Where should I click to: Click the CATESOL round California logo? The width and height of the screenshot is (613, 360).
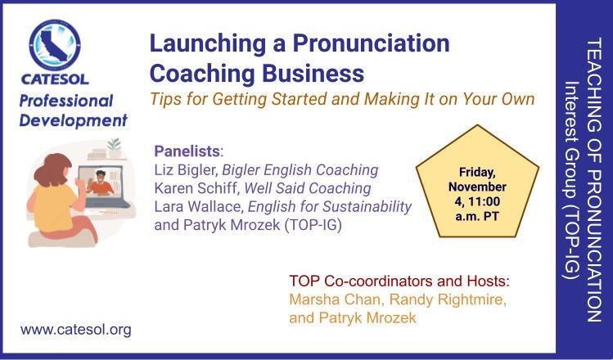point(55,45)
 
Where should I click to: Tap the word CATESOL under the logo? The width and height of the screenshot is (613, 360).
point(55,79)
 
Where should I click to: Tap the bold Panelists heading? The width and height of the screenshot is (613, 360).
point(187,151)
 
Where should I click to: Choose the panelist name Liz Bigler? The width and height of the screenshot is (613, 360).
point(187,171)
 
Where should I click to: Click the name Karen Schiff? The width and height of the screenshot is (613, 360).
point(196,188)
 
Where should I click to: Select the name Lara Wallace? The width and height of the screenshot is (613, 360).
point(199,207)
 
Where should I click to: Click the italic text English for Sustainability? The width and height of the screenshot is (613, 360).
point(330,207)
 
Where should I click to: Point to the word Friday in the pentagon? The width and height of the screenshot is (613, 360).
point(477,173)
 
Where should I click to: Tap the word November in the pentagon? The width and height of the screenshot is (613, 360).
point(477,187)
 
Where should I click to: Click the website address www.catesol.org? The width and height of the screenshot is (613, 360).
point(76,330)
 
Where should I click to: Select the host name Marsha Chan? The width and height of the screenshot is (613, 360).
point(335,299)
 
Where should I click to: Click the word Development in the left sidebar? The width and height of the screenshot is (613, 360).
point(74,121)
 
